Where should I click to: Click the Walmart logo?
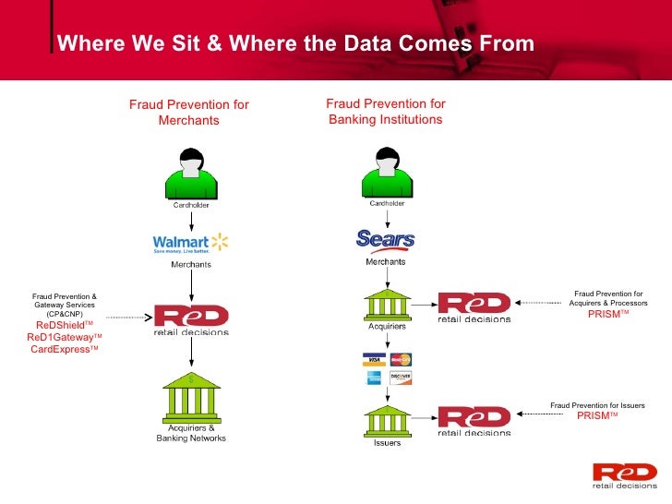(190, 243)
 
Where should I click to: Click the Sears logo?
(385, 240)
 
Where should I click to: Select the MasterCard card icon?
(401, 359)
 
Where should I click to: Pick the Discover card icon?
(401, 377)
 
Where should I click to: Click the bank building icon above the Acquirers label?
(386, 304)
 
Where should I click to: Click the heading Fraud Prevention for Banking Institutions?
(386, 112)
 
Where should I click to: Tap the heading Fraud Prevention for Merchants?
(189, 113)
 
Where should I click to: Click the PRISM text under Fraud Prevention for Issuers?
(597, 415)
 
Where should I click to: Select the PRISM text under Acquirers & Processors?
(608, 314)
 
